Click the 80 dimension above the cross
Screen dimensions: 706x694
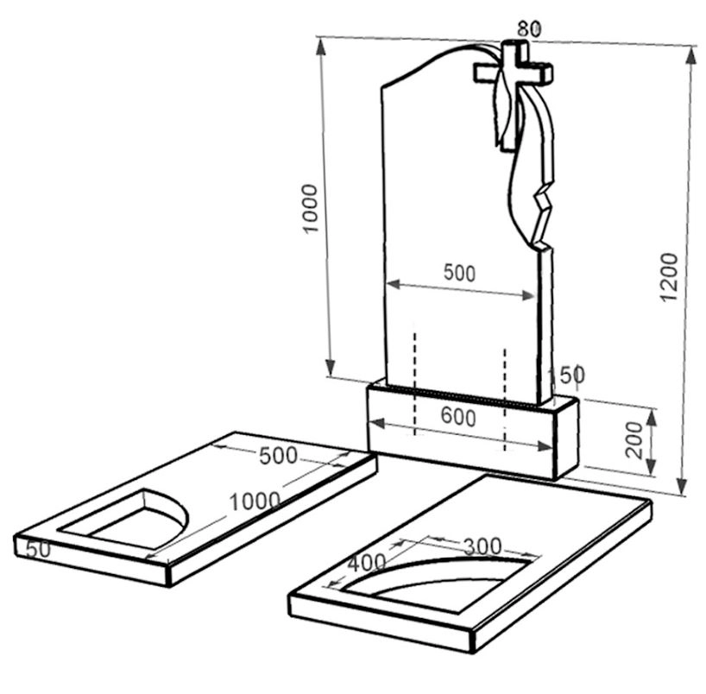(x=529, y=28)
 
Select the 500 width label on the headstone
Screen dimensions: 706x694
(x=459, y=273)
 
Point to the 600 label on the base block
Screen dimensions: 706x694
(x=458, y=417)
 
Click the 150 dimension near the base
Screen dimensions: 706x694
(x=565, y=375)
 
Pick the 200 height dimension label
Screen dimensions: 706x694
(x=634, y=440)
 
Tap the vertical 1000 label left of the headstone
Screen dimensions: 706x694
(x=310, y=208)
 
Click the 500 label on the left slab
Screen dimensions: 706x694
(x=278, y=456)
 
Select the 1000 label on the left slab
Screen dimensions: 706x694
(x=255, y=502)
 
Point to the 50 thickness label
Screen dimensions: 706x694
(x=38, y=550)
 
